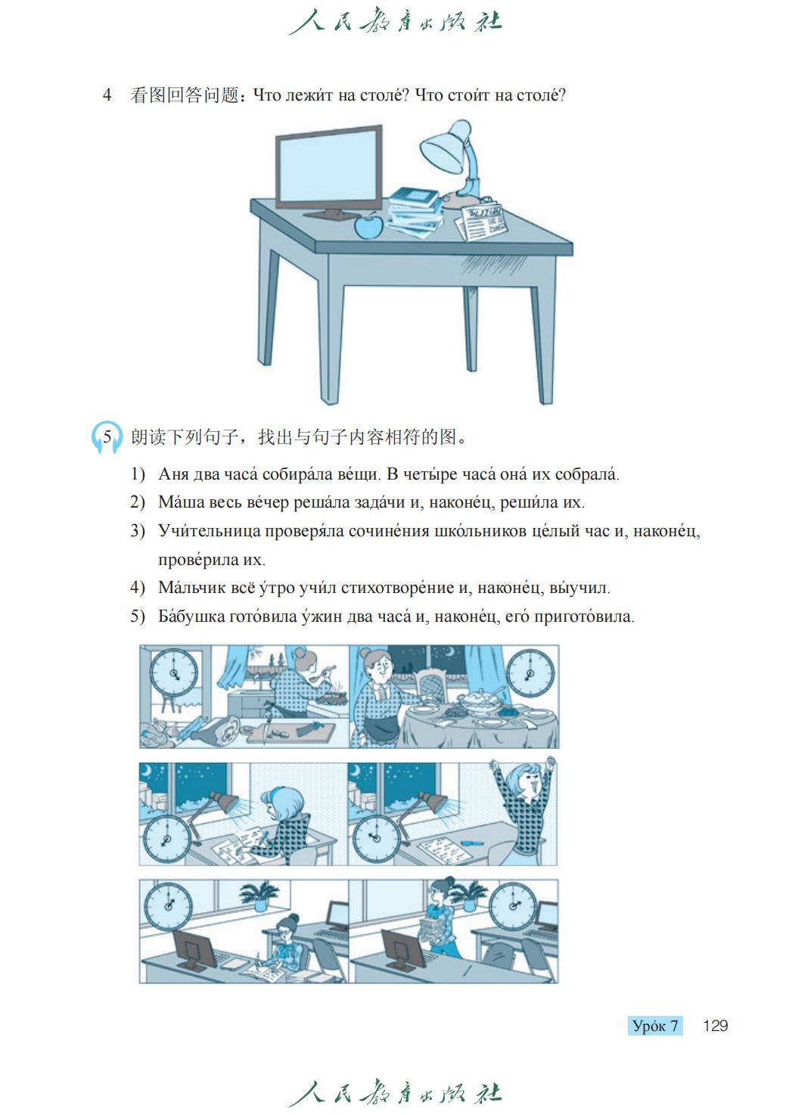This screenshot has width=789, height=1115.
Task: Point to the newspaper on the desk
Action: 480,221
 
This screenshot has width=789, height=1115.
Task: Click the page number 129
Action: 716,1026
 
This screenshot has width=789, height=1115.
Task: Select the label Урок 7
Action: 655,1026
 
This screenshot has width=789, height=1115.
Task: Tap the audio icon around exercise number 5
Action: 107,437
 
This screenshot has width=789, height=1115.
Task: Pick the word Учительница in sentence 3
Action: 210,531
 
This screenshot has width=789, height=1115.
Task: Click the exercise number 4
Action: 107,95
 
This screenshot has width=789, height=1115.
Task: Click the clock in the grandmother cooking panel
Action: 174,673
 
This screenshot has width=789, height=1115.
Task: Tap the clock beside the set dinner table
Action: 530,673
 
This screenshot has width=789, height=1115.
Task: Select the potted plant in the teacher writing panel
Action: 259,895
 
